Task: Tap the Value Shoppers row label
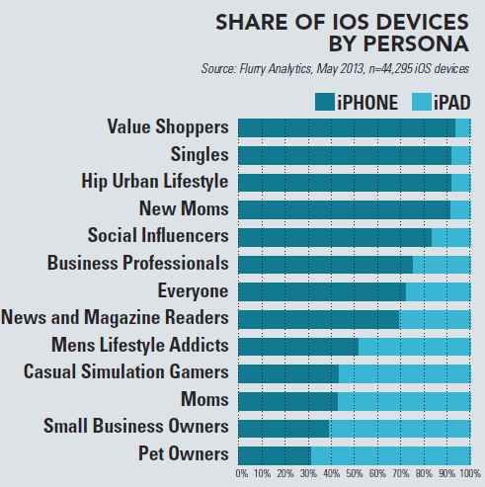point(168,127)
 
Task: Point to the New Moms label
point(185,209)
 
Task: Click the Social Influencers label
point(158,236)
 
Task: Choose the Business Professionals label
point(138,264)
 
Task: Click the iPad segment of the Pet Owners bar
point(390,455)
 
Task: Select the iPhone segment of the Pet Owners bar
point(274,455)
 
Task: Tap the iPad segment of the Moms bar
point(404,400)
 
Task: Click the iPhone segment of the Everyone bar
point(321,291)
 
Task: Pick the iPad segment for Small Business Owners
point(399,428)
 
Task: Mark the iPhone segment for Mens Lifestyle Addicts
point(297,346)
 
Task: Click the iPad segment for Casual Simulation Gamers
point(404,373)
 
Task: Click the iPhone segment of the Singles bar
point(344,155)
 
